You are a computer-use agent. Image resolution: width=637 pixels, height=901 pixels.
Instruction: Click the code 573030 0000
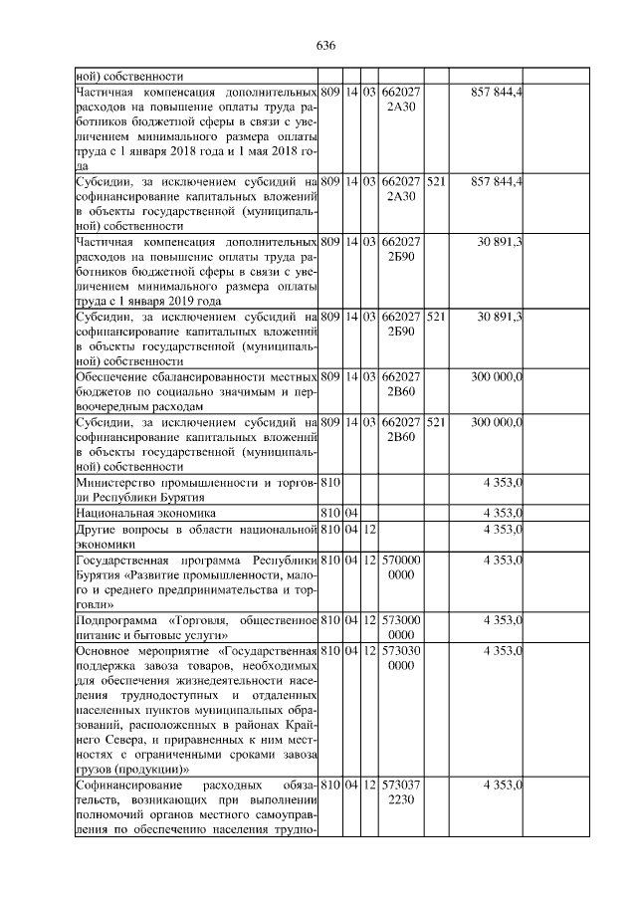point(401,658)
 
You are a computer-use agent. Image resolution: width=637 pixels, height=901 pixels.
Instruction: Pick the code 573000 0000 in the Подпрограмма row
point(401,627)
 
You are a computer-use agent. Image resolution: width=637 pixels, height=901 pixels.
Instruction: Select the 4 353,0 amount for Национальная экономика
point(504,513)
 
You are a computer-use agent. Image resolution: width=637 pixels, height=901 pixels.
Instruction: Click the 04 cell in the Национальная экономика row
point(351,513)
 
